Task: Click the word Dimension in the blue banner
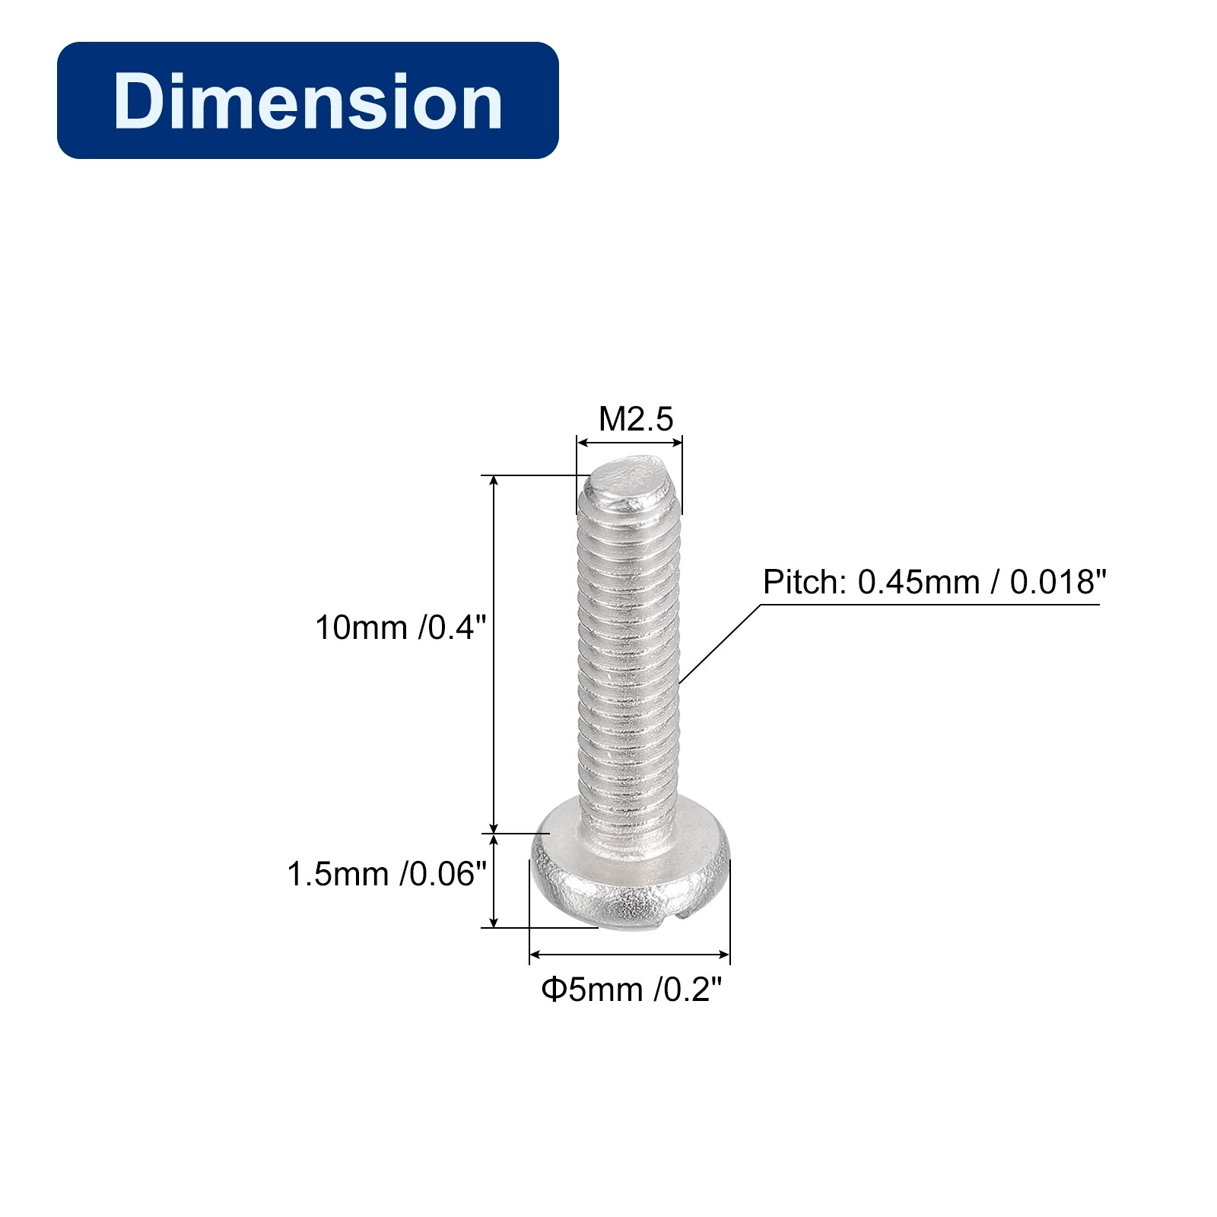tap(308, 101)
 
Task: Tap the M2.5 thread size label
tap(636, 418)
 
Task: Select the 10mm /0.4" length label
tap(400, 628)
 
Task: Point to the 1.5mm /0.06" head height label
tap(386, 875)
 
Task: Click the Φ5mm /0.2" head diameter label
tap(631, 990)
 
